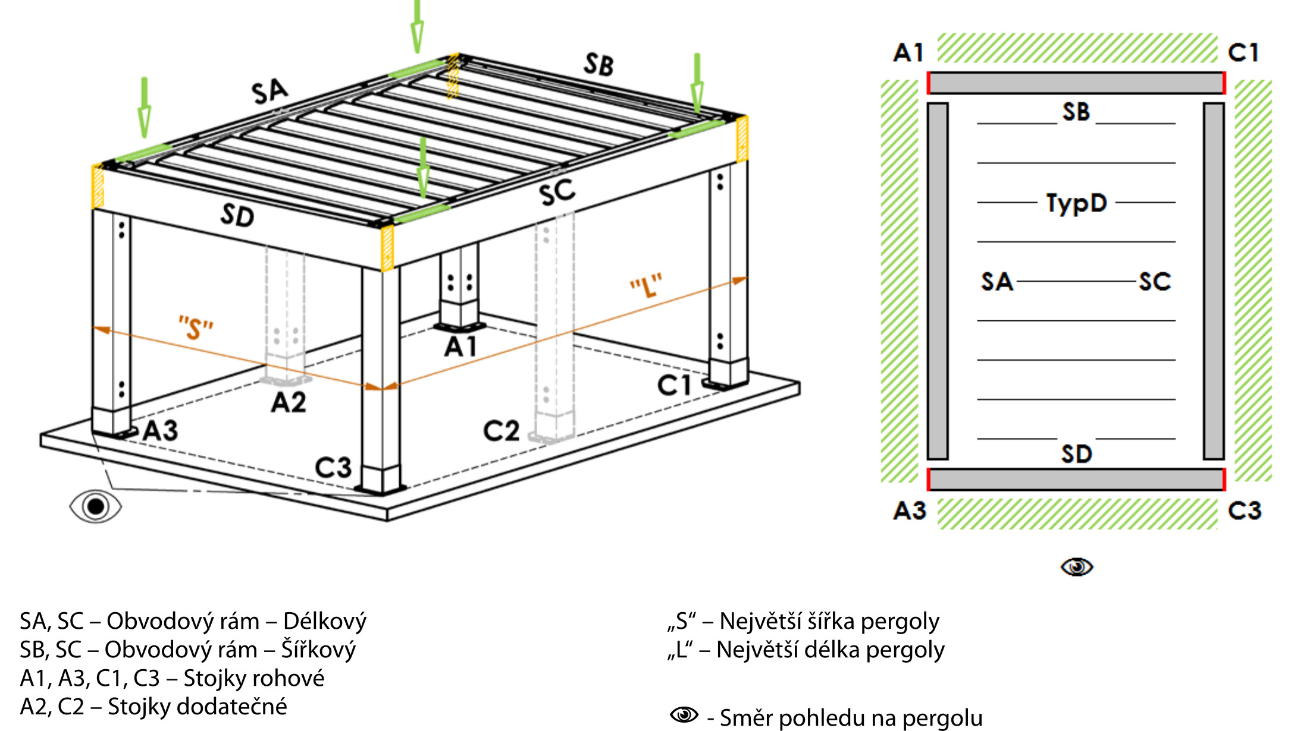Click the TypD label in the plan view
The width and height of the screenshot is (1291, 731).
tap(1076, 203)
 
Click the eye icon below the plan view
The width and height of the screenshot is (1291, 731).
tap(1077, 567)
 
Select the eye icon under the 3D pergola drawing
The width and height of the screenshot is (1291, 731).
tap(96, 506)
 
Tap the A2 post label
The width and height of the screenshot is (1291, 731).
tap(289, 402)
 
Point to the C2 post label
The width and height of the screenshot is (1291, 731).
tap(501, 431)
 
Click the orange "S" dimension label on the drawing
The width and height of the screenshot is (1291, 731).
tap(196, 327)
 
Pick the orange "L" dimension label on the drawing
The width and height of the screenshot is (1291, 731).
tap(646, 286)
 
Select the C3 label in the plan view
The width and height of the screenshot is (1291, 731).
tap(1245, 511)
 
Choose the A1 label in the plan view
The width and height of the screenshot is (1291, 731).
tap(908, 53)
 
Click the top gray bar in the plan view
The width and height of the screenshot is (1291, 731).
tap(1076, 83)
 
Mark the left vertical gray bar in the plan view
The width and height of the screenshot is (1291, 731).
tap(938, 281)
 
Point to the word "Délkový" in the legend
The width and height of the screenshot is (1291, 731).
tap(325, 621)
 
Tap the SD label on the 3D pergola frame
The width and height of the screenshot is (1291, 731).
tap(237, 215)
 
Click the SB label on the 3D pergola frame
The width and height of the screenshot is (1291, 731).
tap(599, 64)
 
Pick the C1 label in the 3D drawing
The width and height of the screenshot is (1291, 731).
tap(674, 386)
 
